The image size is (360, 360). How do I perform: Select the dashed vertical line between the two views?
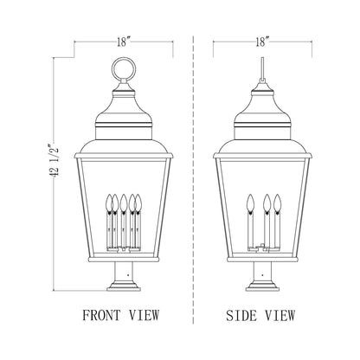pyautogui.click(x=192, y=173)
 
